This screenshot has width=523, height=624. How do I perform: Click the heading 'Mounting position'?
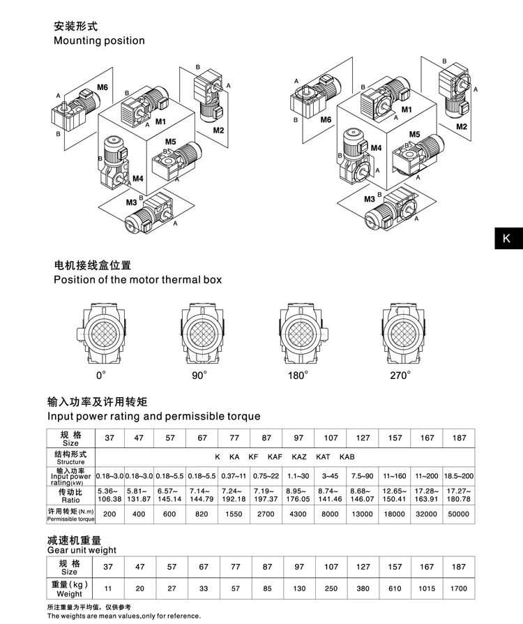click(100, 40)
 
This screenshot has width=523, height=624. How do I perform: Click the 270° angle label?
click(400, 376)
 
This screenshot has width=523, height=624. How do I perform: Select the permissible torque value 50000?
click(458, 514)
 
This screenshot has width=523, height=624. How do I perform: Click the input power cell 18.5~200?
click(458, 475)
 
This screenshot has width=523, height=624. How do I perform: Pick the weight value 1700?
click(458, 588)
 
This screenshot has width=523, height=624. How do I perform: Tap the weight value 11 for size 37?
click(108, 588)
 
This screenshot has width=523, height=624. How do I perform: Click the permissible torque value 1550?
click(234, 514)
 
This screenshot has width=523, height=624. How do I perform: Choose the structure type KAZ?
click(298, 456)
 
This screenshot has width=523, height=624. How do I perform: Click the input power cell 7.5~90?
click(363, 475)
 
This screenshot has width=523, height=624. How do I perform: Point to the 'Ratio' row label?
click(70, 495)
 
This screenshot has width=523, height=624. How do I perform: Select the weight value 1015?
click(427, 588)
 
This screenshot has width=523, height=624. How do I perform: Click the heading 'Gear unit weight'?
click(82, 550)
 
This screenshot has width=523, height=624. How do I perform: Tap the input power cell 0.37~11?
click(234, 475)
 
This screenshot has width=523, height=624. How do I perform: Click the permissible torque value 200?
click(108, 514)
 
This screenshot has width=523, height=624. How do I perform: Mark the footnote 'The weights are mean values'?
click(123, 616)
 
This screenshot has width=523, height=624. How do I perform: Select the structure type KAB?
click(347, 456)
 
